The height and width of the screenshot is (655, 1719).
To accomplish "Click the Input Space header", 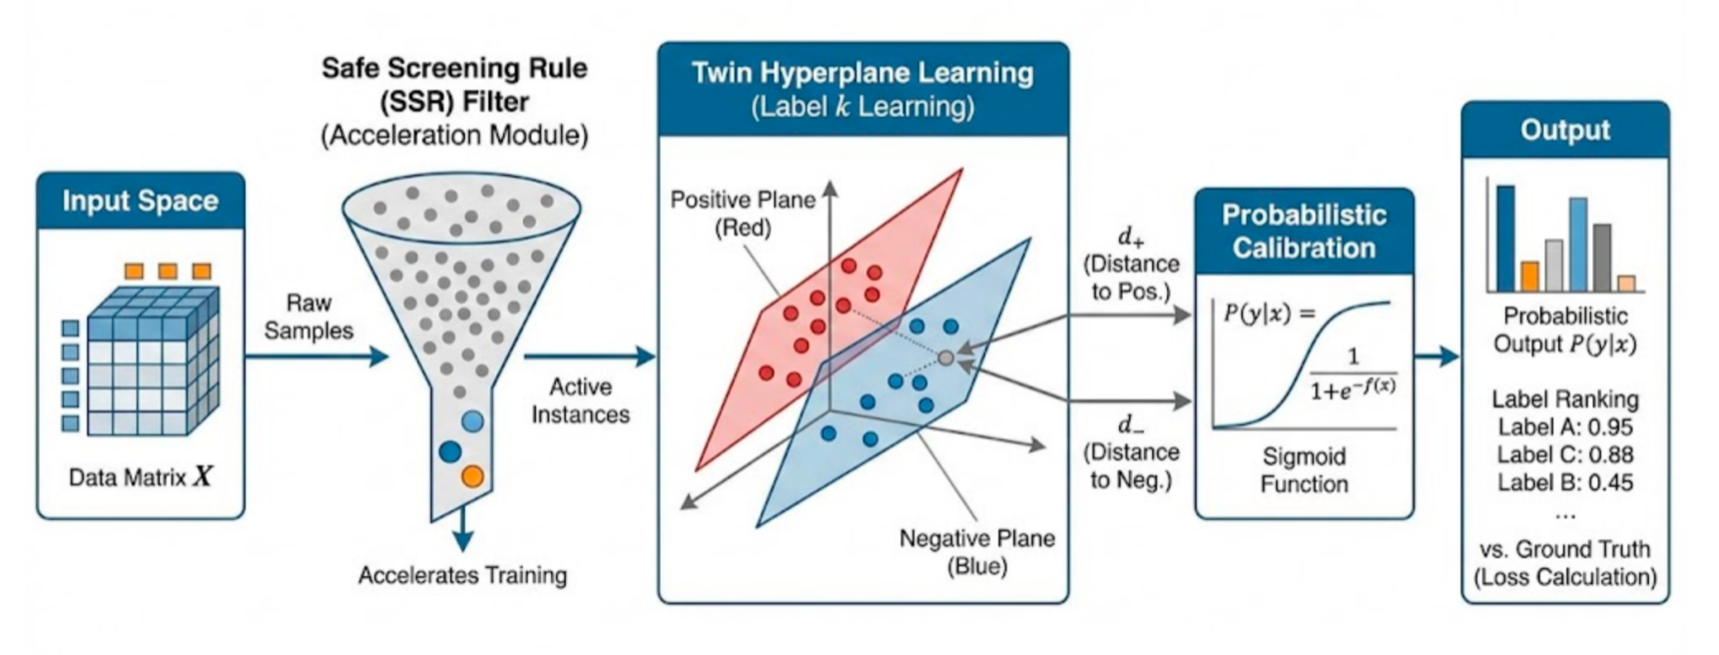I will point(140,201).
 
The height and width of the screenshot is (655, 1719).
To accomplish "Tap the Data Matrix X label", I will point(140,476).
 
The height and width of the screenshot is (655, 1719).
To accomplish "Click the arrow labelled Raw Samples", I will point(314,355).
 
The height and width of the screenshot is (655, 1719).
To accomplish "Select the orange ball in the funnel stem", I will point(472,476).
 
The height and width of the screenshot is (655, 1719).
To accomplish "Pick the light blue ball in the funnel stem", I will point(472,421).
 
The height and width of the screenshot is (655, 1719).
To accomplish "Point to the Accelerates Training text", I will point(462,575).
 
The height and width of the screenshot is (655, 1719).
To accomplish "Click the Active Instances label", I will point(580,400).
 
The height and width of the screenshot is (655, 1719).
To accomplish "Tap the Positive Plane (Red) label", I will point(743,214).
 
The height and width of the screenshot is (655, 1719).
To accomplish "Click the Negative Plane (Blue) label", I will point(976,552).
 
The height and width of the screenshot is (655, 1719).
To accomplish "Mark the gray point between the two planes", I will point(945,356).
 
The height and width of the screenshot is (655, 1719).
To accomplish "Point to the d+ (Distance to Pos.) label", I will point(1131,265).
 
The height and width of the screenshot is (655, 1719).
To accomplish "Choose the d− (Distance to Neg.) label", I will point(1131,452).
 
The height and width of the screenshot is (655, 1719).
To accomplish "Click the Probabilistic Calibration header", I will point(1304,231).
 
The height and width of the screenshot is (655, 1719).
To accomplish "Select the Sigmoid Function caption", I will point(1304,470).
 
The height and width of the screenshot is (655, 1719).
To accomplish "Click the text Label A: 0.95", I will point(1564,427).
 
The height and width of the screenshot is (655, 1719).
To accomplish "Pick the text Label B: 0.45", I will point(1564,482).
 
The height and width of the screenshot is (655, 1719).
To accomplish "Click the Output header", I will point(1564,130).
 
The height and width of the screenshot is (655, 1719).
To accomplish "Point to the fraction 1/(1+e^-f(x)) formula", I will point(1353,374).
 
